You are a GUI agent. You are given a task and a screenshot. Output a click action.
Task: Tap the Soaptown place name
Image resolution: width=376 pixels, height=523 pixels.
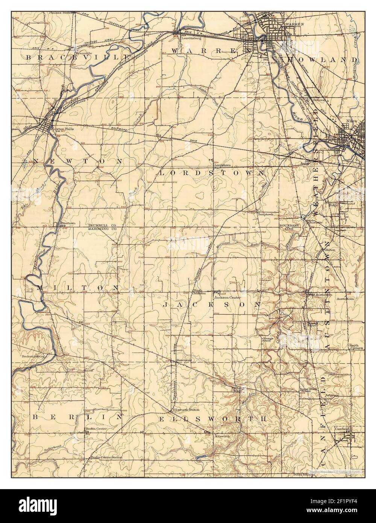coord(265,214)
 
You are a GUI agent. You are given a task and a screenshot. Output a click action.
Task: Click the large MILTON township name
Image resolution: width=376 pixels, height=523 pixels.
coord(78,287)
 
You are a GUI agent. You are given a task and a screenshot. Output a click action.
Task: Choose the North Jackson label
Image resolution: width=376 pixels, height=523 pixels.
coord(199,292)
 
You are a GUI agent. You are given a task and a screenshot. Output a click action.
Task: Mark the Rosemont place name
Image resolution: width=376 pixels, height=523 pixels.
coord(184,360)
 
